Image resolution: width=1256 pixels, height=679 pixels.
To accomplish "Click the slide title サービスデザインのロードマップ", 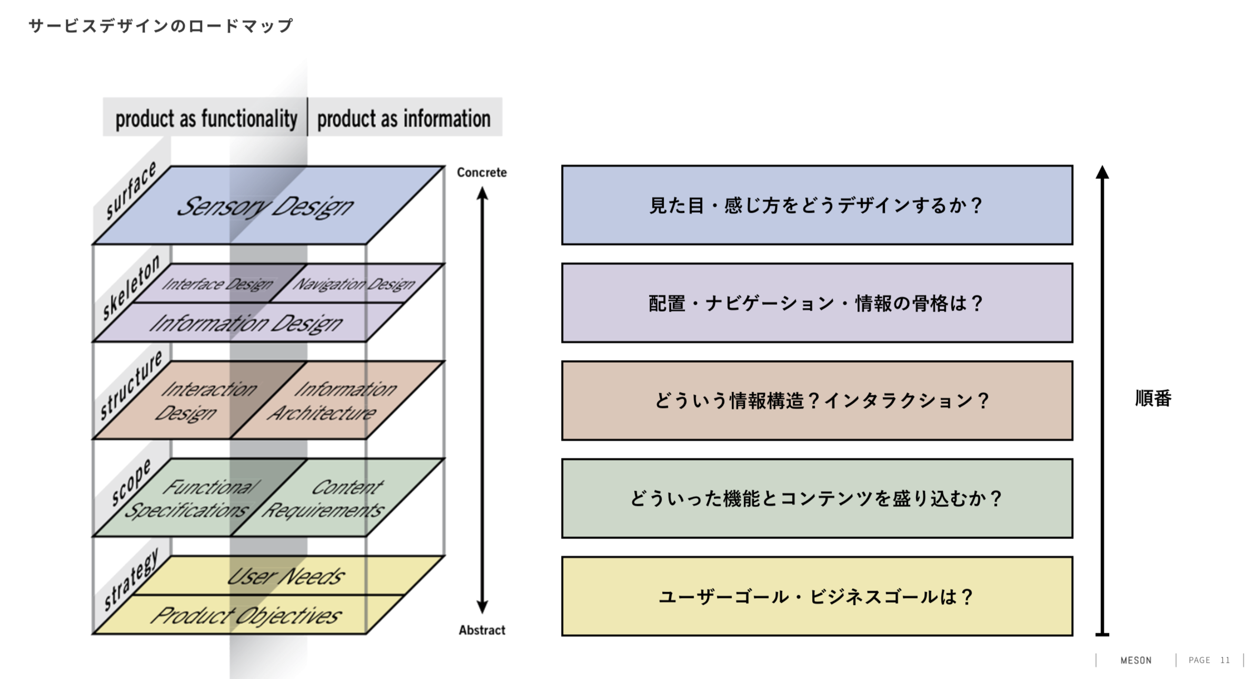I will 161,26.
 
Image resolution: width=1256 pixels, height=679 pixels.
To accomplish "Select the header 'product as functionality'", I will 206,118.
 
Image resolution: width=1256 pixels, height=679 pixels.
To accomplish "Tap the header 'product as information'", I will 404,118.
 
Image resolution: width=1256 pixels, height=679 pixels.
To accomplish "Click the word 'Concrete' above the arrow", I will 482,172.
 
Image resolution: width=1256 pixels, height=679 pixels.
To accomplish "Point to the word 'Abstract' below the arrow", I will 482,630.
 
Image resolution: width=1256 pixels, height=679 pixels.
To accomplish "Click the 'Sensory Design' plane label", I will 265,206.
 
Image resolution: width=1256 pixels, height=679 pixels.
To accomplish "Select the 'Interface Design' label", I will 217,284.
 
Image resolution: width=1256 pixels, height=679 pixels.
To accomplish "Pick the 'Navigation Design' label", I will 354,284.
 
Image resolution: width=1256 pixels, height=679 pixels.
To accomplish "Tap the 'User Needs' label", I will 286,576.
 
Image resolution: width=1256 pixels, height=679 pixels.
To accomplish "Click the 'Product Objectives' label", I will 246,615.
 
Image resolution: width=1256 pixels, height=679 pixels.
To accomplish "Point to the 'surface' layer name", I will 131,190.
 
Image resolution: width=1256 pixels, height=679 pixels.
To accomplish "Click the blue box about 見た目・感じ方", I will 816,205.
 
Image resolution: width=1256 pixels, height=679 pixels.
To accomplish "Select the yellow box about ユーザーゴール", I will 816,596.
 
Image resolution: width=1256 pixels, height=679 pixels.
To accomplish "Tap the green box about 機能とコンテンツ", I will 816,498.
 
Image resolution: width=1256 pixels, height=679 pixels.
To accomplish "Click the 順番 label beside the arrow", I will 1153,398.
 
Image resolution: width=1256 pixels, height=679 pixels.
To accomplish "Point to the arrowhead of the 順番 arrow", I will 1102,173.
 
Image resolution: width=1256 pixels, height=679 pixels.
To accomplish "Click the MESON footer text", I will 1135,660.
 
